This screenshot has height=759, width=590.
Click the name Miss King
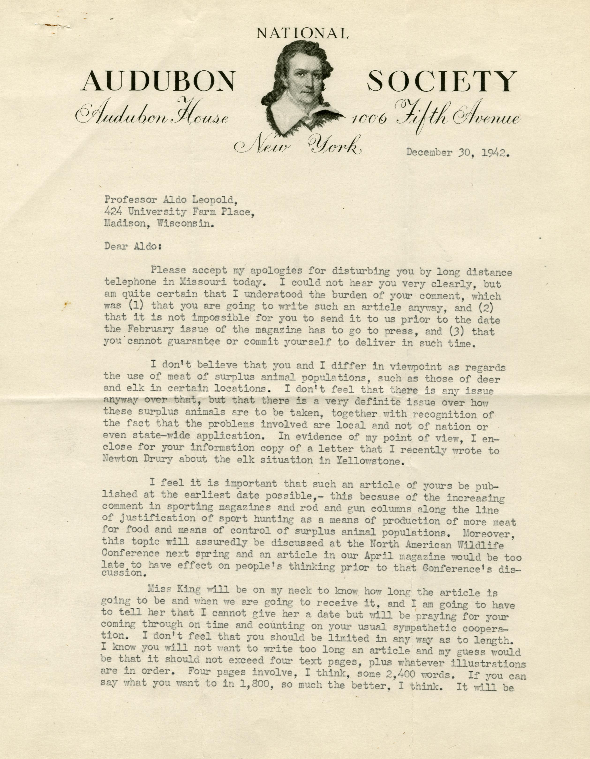click(x=174, y=589)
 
